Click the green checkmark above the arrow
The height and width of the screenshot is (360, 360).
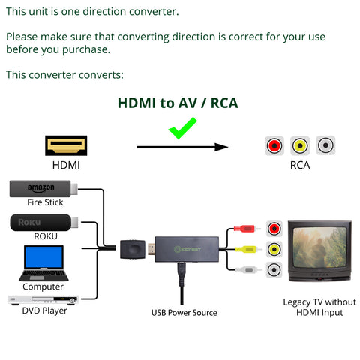tap(182, 128)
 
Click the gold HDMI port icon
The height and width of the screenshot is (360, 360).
tap(66, 145)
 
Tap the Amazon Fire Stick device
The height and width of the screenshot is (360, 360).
tap(43, 189)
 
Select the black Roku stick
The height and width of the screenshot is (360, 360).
tap(44, 223)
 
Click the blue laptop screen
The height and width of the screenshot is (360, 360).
tap(43, 256)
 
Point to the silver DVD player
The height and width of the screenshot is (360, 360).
tap(43, 300)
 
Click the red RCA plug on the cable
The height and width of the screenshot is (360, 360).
tap(244, 228)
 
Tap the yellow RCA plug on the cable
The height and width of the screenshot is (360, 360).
tap(246, 249)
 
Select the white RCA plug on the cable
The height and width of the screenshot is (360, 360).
tap(246, 269)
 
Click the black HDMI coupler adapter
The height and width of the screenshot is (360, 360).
tap(133, 249)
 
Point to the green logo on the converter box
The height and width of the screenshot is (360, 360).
tap(187, 249)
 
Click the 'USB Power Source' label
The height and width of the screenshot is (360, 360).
tap(184, 313)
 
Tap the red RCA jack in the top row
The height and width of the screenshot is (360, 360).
tap(274, 145)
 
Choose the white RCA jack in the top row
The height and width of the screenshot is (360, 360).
tap(325, 145)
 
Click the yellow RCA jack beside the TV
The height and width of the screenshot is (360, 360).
tap(274, 249)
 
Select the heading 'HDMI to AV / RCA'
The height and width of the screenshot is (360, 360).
tap(178, 103)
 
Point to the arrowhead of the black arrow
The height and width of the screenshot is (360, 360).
tap(221, 147)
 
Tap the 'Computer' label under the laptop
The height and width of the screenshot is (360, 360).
tap(43, 286)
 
